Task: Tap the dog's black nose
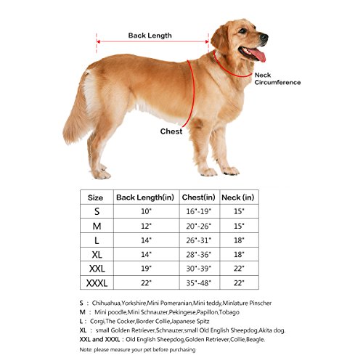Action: point(264,38)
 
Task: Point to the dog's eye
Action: point(242,30)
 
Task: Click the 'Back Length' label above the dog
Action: point(150,36)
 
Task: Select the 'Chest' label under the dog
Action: point(171,131)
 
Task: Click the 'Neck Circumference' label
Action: point(277,78)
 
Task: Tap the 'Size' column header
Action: point(95,197)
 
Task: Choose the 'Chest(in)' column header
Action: point(199,197)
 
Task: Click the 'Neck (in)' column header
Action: point(238,197)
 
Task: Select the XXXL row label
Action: point(97,283)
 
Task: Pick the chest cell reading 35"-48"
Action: point(199,283)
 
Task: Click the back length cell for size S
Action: point(146,211)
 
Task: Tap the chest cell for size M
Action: point(199,226)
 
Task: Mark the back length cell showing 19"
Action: point(146,269)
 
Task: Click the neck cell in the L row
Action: point(239,240)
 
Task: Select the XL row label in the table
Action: point(97,255)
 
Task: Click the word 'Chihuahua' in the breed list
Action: point(106,303)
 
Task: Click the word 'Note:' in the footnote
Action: point(86,350)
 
